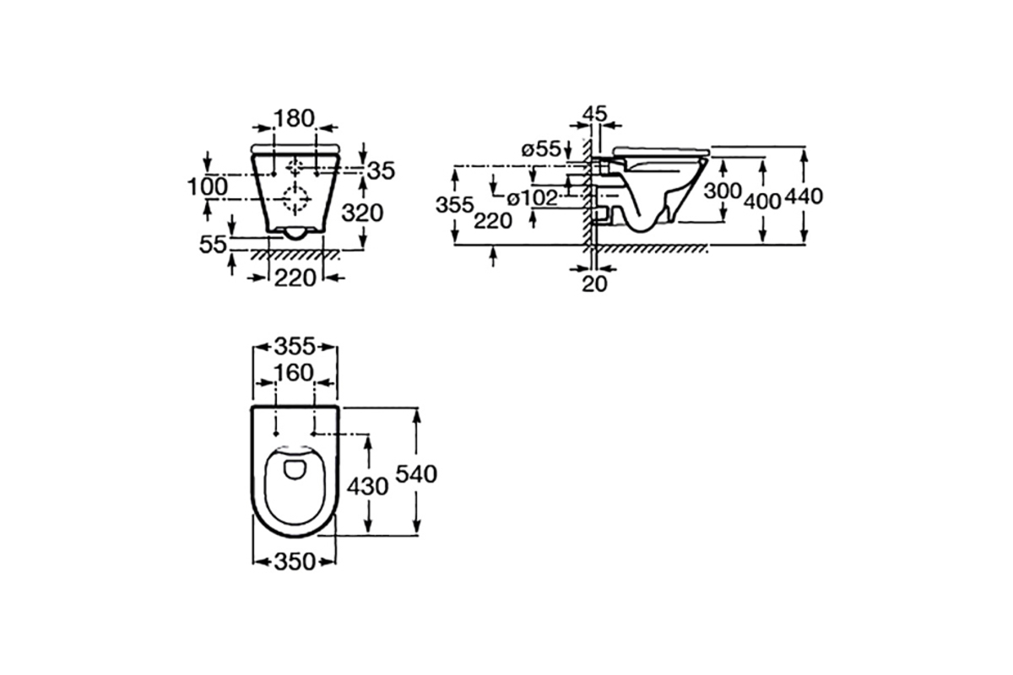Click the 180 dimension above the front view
pyautogui.click(x=295, y=118)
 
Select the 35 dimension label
pyautogui.click(x=382, y=171)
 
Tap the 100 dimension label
pyautogui.click(x=208, y=186)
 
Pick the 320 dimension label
pyautogui.click(x=362, y=213)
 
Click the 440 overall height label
pyautogui.click(x=804, y=197)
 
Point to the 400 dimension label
pyautogui.click(x=763, y=201)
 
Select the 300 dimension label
pyautogui.click(x=723, y=192)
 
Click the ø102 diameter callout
pyautogui.click(x=533, y=198)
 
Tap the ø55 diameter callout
pyautogui.click(x=541, y=148)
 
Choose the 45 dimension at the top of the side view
pyautogui.click(x=595, y=114)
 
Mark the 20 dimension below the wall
pyautogui.click(x=594, y=284)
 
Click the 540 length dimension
pyautogui.click(x=416, y=474)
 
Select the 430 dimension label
pyautogui.click(x=367, y=487)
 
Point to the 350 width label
pyautogui.click(x=295, y=562)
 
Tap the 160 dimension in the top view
pyautogui.click(x=295, y=373)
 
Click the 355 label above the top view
pyautogui.click(x=295, y=348)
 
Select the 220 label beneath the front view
pyautogui.click(x=295, y=278)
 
